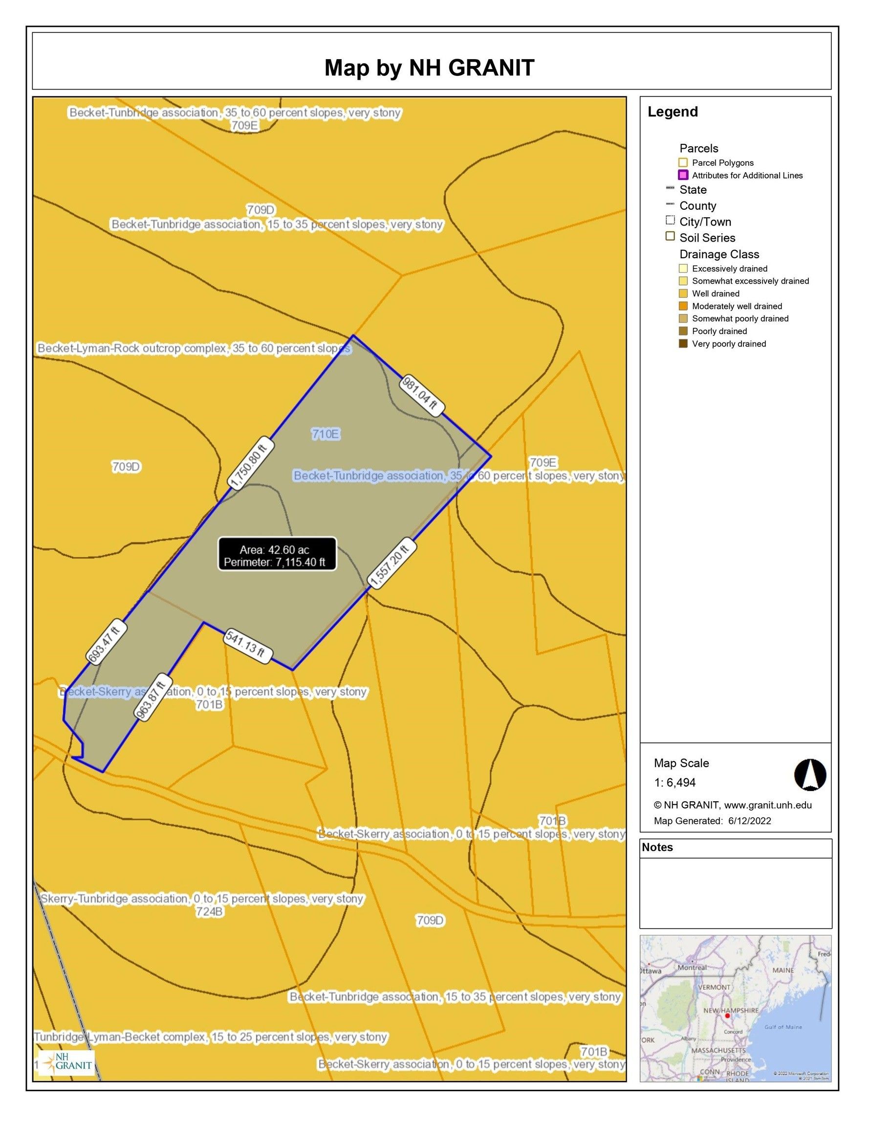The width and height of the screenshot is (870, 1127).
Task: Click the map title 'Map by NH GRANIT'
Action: point(429,68)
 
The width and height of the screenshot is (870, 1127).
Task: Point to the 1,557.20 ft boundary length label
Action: point(391,563)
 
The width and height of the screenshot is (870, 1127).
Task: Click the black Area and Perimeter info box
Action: point(277,554)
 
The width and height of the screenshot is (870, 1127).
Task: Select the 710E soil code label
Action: point(326,434)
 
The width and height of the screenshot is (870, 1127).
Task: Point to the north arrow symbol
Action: point(810,774)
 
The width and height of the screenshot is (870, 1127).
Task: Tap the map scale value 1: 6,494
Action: point(675,782)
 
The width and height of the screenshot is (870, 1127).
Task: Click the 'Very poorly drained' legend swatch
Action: point(683,344)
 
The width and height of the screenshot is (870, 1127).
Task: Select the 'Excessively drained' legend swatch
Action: point(683,269)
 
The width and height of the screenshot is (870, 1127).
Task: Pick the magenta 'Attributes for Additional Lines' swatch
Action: point(683,176)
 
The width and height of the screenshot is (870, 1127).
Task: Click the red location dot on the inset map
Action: point(727,1015)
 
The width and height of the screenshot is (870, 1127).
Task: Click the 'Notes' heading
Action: point(657,847)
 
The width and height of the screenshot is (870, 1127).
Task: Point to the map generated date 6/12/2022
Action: point(749,821)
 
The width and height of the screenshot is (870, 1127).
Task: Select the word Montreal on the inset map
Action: point(692,968)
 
